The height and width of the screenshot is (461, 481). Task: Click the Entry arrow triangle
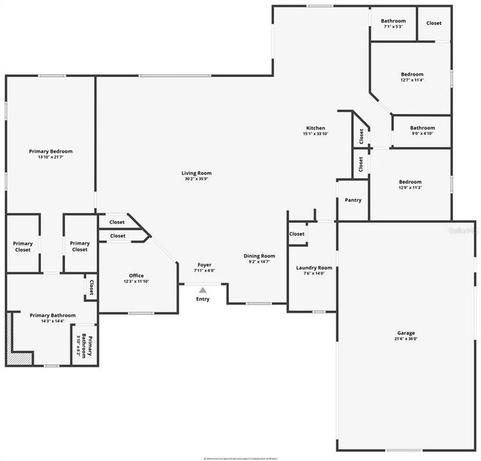pyautogui.click(x=202, y=291)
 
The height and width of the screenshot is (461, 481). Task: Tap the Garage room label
pyautogui.click(x=405, y=333)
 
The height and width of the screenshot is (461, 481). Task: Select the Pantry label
pyautogui.click(x=353, y=200)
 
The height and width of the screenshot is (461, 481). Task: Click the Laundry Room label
pyautogui.click(x=314, y=268)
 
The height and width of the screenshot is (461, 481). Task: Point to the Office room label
pyautogui.click(x=136, y=276)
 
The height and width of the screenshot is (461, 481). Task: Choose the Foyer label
pyautogui.click(x=204, y=265)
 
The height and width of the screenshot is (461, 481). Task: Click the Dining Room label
pyautogui.click(x=259, y=256)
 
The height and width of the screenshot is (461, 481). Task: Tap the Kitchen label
pyautogui.click(x=315, y=128)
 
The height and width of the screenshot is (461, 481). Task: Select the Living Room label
pyautogui.click(x=197, y=173)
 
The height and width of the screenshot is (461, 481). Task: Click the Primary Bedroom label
pyautogui.click(x=51, y=151)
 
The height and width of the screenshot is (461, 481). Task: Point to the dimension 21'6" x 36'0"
pyautogui.click(x=405, y=339)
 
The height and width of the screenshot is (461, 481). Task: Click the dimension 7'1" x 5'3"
pyautogui.click(x=393, y=27)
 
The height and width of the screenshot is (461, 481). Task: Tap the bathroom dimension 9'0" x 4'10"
pyautogui.click(x=423, y=133)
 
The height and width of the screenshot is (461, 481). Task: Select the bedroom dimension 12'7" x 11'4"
pyautogui.click(x=412, y=80)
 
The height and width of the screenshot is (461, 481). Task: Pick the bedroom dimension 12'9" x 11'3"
pyautogui.click(x=411, y=188)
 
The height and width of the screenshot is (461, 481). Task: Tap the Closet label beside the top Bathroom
pyautogui.click(x=434, y=23)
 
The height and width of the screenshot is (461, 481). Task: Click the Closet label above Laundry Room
pyautogui.click(x=297, y=234)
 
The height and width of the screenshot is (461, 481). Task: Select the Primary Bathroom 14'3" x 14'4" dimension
pyautogui.click(x=53, y=321)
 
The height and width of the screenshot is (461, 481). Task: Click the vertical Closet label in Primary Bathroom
pyautogui.click(x=91, y=287)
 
